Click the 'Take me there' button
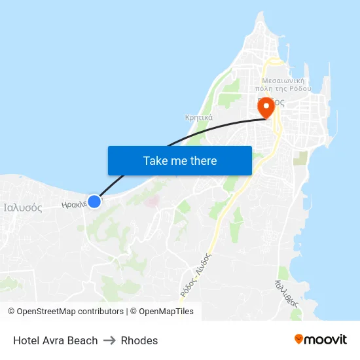pyautogui.click(x=179, y=160)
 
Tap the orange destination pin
pyautogui.click(x=266, y=107)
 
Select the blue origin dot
pyautogui.click(x=94, y=201)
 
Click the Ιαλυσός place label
pyautogui.click(x=23, y=208)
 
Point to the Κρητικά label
pyautogui.click(x=198, y=118)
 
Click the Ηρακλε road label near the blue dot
pyautogui.click(x=74, y=204)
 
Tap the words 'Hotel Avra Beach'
pyautogui.click(x=56, y=340)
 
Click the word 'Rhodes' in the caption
pyautogui.click(x=139, y=340)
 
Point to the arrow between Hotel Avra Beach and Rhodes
pyautogui.click(x=109, y=340)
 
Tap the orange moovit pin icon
pyautogui.click(x=299, y=339)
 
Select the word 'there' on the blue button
pyautogui.click(x=204, y=160)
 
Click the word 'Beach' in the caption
pyautogui.click(x=83, y=340)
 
